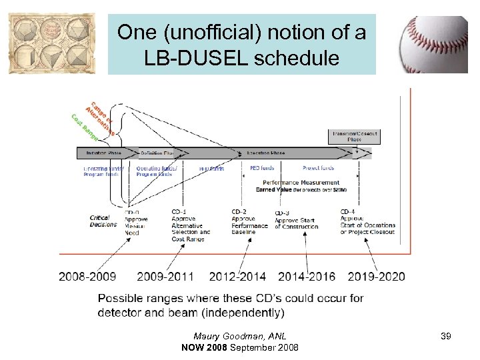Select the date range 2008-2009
click(87, 276)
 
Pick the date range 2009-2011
click(165, 276)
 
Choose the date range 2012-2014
click(237, 276)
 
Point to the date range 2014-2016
click(307, 276)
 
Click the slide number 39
click(445, 336)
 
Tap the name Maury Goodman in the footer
click(221, 336)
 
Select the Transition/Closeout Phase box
click(353, 136)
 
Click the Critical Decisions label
click(103, 221)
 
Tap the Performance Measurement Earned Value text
click(301, 186)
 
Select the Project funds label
click(318, 168)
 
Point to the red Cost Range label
click(84, 127)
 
